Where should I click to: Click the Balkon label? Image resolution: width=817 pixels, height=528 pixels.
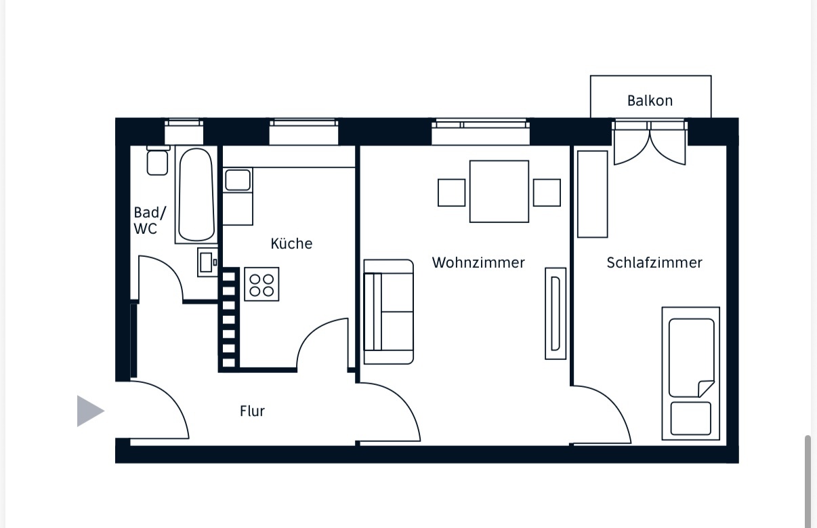(650, 101)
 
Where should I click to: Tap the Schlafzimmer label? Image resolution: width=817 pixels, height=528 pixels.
(654, 263)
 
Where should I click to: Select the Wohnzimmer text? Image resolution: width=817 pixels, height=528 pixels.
(478, 263)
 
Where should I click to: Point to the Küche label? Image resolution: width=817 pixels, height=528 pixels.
(291, 243)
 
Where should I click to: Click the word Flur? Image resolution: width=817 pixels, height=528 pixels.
(253, 411)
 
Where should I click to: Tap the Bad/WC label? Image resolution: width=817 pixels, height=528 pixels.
(150, 220)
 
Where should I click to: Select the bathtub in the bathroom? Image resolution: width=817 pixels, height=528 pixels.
(196, 195)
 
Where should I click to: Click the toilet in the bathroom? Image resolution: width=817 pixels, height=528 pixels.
(158, 161)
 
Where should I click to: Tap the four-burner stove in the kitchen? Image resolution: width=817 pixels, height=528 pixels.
(261, 284)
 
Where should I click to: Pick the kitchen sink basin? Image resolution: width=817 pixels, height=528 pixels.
(238, 180)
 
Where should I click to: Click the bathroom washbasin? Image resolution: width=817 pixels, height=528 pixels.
(207, 262)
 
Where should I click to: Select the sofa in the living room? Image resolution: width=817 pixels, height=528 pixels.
(388, 312)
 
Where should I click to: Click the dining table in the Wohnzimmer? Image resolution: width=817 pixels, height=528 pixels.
(499, 191)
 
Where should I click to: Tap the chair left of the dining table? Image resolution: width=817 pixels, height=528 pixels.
(452, 192)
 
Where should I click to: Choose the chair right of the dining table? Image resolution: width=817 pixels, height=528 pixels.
(547, 192)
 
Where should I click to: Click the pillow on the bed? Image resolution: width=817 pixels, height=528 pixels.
(691, 418)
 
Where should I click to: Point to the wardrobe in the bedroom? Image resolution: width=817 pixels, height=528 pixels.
(592, 194)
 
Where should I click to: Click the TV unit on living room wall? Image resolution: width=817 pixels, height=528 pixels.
(556, 313)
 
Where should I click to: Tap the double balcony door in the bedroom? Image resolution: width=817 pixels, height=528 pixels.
(650, 144)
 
